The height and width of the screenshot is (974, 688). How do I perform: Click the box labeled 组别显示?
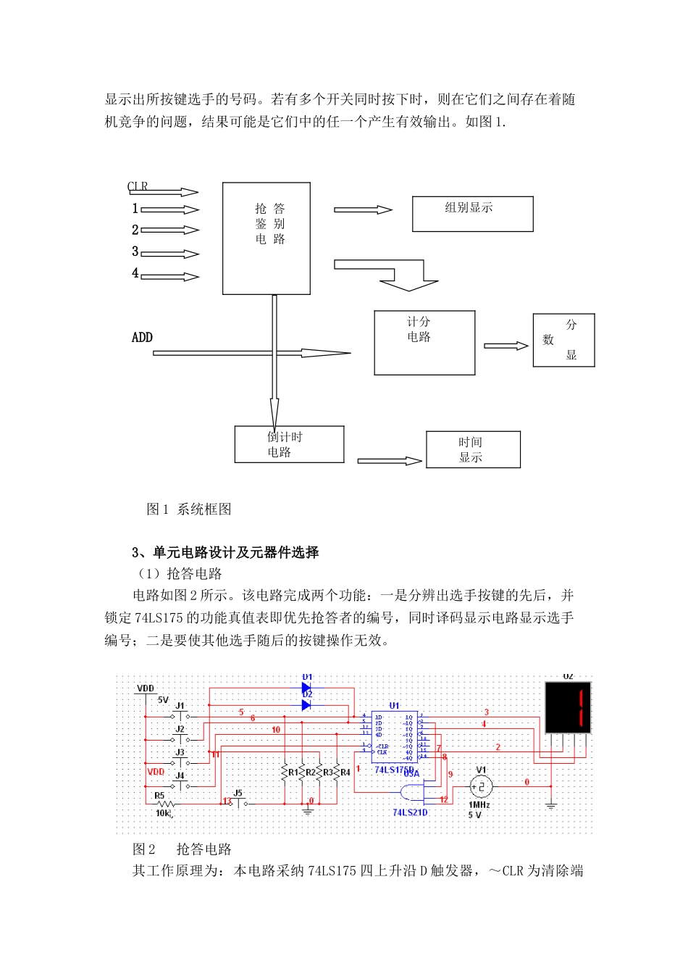472,214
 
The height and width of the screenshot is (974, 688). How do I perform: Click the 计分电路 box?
424,343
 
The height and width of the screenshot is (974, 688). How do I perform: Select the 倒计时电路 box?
289,444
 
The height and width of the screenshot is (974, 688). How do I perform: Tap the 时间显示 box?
473,449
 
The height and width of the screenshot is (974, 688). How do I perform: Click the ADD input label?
142,338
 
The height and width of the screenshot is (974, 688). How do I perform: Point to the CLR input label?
138,186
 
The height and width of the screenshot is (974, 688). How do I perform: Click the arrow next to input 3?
170,254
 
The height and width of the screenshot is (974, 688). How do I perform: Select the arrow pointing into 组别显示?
363,210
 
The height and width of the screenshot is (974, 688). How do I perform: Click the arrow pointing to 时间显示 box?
390,461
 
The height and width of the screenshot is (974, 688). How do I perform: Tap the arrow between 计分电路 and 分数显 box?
505,346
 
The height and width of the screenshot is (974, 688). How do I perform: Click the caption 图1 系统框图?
189,509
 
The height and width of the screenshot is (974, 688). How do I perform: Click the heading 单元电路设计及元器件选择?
235,553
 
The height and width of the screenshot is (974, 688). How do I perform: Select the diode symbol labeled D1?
306,687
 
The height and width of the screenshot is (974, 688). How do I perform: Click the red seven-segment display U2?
568,707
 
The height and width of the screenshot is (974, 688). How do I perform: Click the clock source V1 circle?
481,787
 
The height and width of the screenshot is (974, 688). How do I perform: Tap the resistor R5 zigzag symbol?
166,804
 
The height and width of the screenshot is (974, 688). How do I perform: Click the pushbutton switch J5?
238,802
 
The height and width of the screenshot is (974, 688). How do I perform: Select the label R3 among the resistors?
328,773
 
